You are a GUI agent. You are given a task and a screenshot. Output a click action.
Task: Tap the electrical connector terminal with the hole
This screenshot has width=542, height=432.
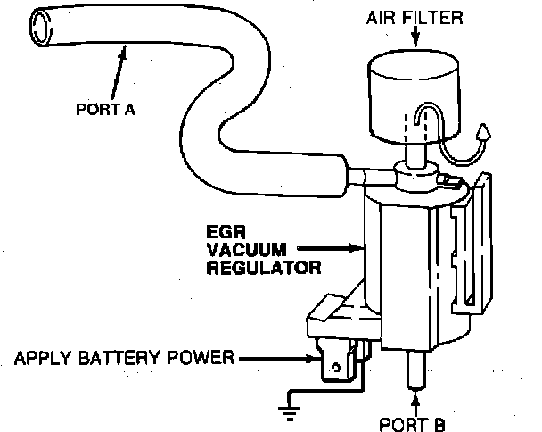pos(334,363)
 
